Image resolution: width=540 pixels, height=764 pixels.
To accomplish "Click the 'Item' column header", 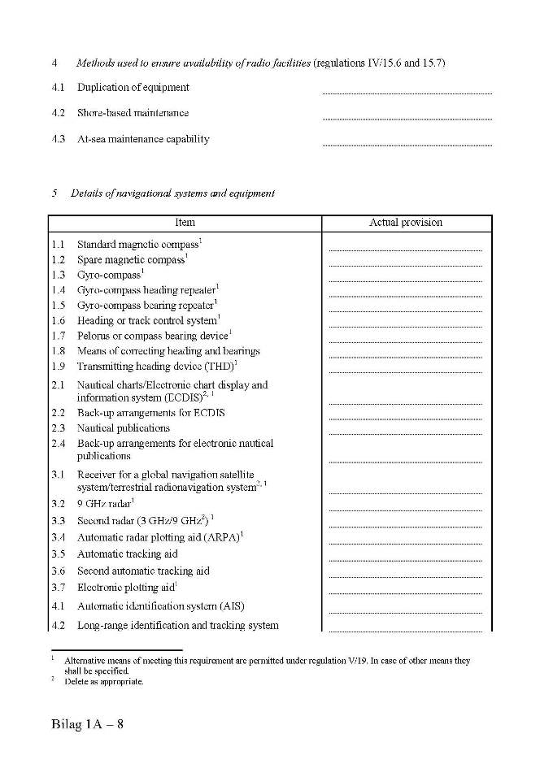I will click(185, 223).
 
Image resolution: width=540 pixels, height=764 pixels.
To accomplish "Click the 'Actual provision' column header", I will click(406, 223).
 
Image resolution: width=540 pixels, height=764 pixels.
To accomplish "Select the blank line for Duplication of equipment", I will click(407, 92).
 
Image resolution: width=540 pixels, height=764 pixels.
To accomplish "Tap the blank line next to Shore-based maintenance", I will click(407, 118).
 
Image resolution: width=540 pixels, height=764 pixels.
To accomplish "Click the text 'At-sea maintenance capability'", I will click(143, 139).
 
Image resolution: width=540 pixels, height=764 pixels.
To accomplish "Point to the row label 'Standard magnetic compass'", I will click(137, 245).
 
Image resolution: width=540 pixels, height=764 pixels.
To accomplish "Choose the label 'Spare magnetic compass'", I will click(130, 260).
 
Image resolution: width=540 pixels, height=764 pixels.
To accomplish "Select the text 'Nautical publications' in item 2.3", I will click(124, 428).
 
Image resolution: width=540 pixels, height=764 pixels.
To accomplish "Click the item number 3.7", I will click(58, 588).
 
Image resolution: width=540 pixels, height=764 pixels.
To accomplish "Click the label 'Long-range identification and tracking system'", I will click(178, 626).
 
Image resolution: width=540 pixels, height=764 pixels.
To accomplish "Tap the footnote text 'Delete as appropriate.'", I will click(104, 682).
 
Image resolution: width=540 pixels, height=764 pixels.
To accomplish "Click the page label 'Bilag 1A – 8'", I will click(86, 724).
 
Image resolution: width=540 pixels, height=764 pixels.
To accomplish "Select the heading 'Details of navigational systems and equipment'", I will click(172, 193).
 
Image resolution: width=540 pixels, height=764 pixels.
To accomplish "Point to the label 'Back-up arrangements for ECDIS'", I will click(151, 413).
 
